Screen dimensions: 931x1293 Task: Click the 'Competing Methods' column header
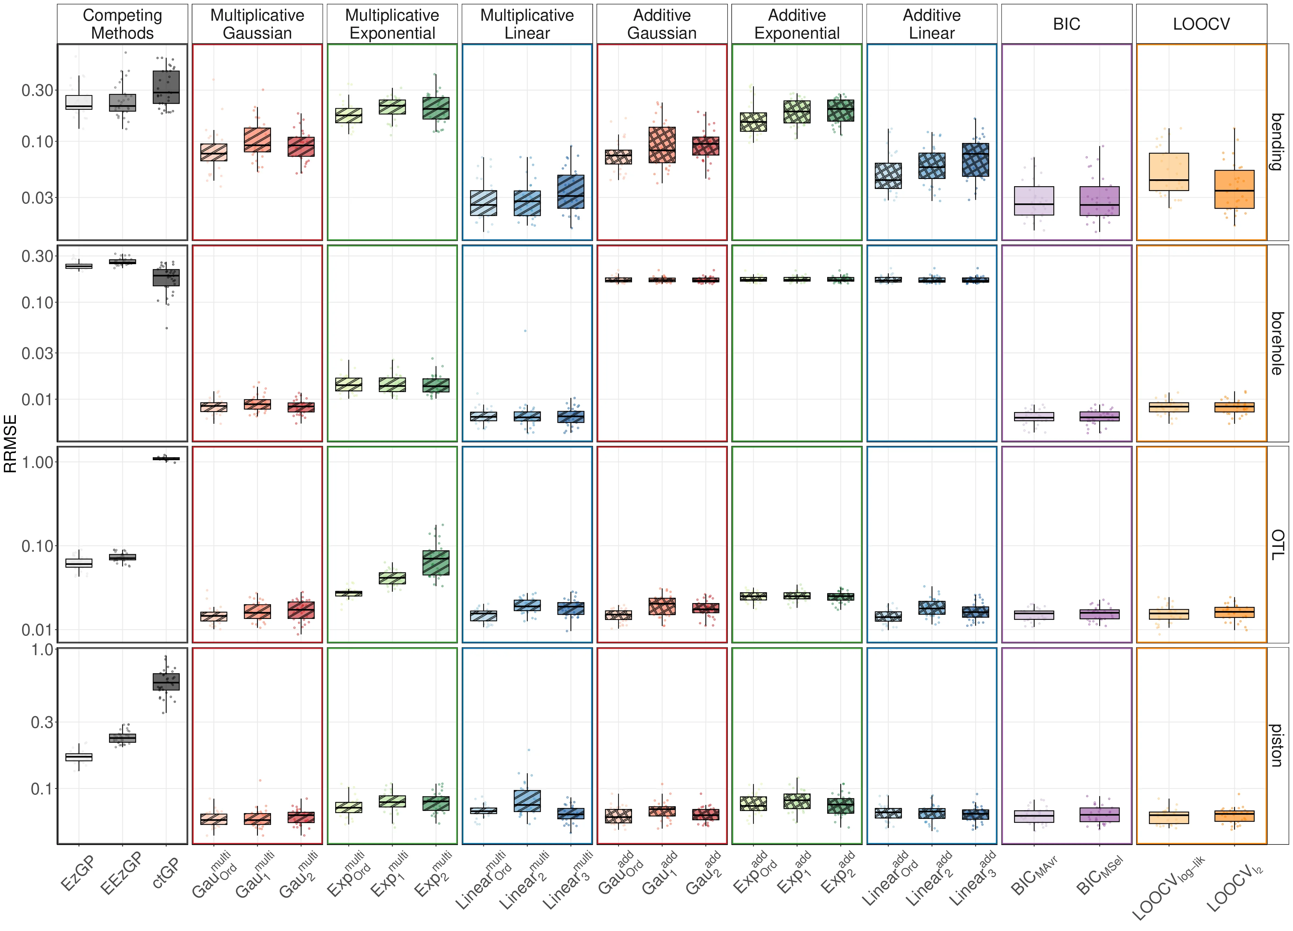tap(122, 24)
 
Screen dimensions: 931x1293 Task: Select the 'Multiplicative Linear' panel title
tap(527, 24)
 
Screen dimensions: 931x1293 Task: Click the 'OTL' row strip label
tap(1277, 544)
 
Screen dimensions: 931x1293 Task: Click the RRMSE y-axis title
tap(10, 443)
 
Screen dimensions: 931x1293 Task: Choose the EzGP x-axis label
tap(77, 873)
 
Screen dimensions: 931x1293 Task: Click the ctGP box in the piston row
tap(166, 682)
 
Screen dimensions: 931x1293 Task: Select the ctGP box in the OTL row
tap(166, 458)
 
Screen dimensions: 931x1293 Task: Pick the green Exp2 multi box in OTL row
tap(435, 563)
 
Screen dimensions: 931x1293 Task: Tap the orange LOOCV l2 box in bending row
tap(1234, 189)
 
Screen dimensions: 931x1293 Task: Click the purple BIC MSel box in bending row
tap(1099, 201)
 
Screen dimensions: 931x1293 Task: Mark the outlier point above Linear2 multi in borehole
tap(525, 331)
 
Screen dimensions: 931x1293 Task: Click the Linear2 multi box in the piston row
tap(527, 800)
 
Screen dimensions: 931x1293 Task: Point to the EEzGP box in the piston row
tap(122, 738)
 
